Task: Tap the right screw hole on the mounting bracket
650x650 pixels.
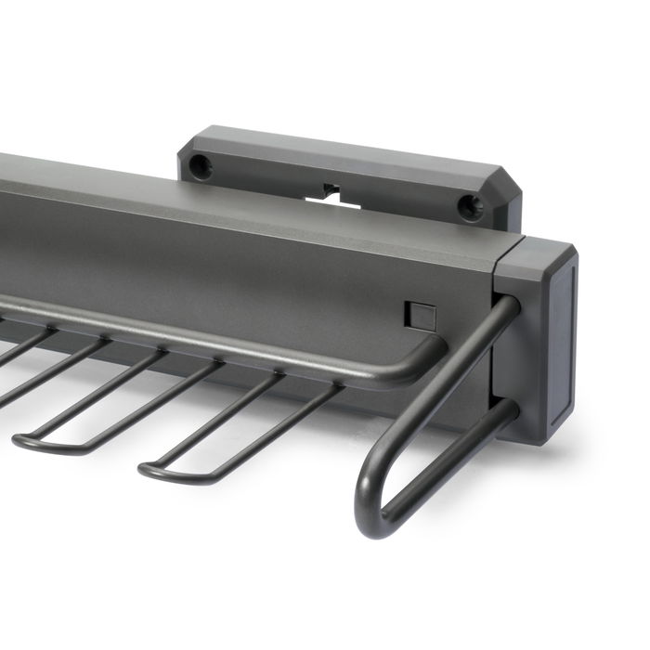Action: click(x=467, y=206)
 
